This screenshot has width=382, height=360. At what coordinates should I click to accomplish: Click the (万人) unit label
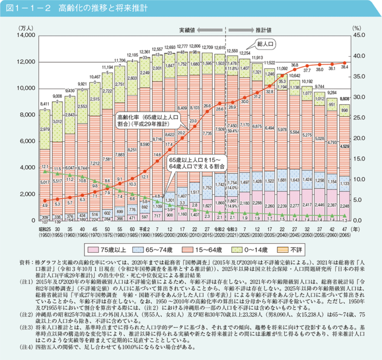pyautogui.click(x=25, y=29)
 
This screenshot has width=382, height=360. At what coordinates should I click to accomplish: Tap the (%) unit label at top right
pyautogui.click(x=357, y=29)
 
